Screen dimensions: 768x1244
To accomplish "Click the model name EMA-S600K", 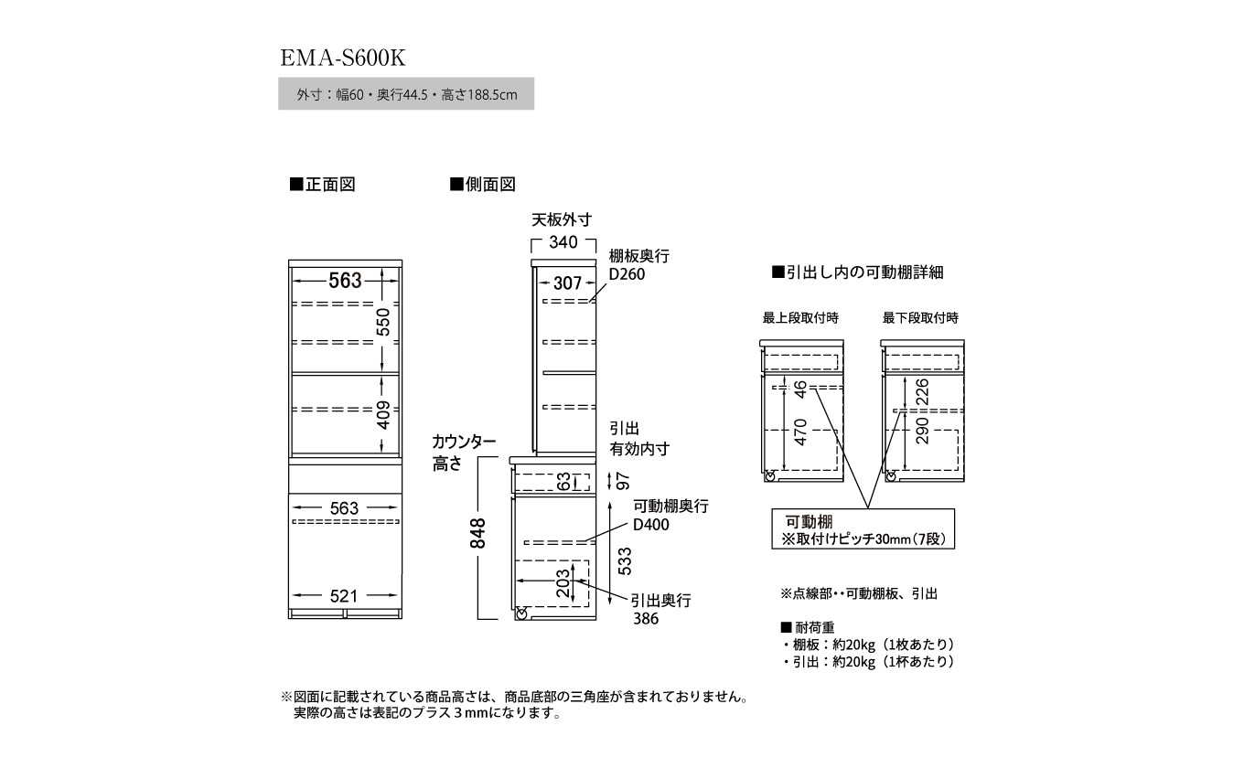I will point(342,58).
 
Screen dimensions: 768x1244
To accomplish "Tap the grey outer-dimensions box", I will point(405,94).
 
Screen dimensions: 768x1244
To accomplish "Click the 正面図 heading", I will point(322,185).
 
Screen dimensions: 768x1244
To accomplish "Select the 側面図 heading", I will point(483,185).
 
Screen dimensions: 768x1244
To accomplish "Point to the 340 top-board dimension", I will point(563,242).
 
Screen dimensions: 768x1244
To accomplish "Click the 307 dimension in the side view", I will point(567,283).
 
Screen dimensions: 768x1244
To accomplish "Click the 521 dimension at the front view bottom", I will point(344,596).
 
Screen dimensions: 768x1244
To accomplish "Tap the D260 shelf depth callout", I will point(627,274).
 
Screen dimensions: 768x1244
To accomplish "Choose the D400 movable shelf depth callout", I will point(651,525).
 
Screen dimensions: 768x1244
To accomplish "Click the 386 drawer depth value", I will point(645,619).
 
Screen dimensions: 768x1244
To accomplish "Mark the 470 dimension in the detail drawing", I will point(801,432).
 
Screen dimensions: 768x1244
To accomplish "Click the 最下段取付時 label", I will point(920,318).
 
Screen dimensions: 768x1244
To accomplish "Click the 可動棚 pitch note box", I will point(863,530).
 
